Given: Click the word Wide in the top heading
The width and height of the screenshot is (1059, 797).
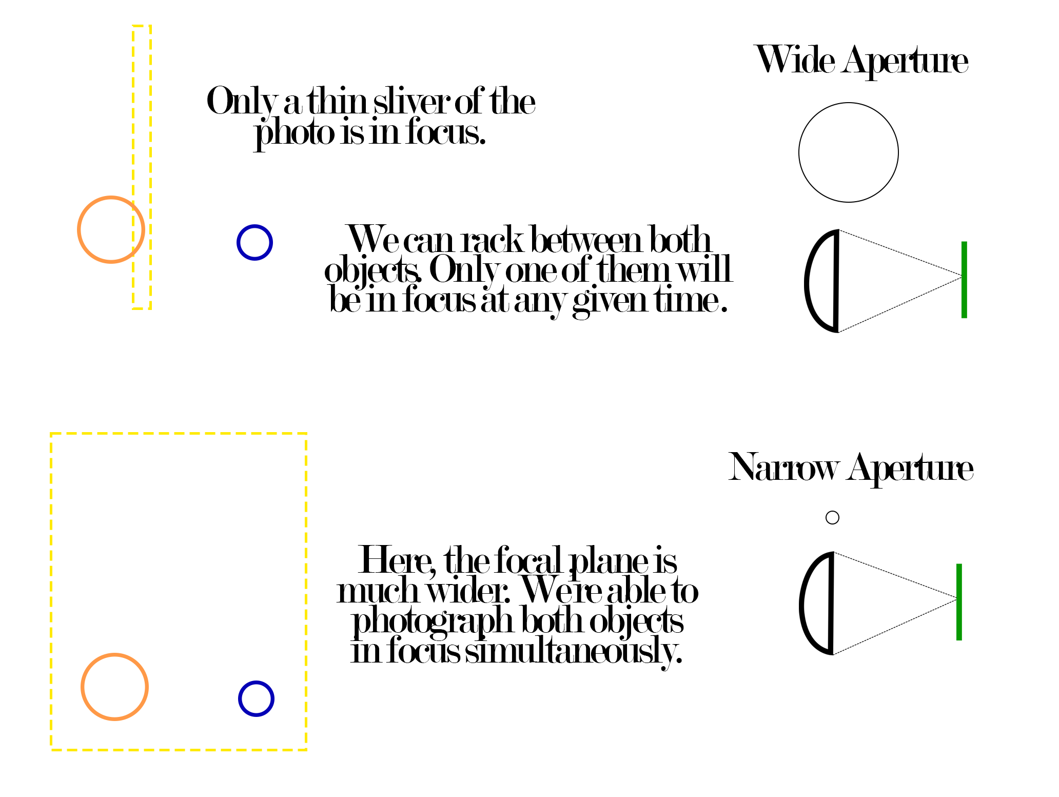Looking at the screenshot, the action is point(795,60).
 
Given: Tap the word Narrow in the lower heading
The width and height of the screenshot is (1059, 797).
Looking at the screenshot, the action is point(783,468).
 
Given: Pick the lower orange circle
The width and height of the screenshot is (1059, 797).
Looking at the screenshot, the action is point(82,687).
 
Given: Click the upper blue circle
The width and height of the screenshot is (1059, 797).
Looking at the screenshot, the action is point(238,242).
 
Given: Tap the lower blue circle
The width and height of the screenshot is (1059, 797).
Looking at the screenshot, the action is point(239,698).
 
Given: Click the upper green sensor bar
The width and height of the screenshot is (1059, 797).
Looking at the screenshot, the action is point(964,280).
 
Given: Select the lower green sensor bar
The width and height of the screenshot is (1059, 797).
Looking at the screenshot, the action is point(959,602).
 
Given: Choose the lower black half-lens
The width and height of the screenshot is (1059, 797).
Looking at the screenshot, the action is point(832,604).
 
